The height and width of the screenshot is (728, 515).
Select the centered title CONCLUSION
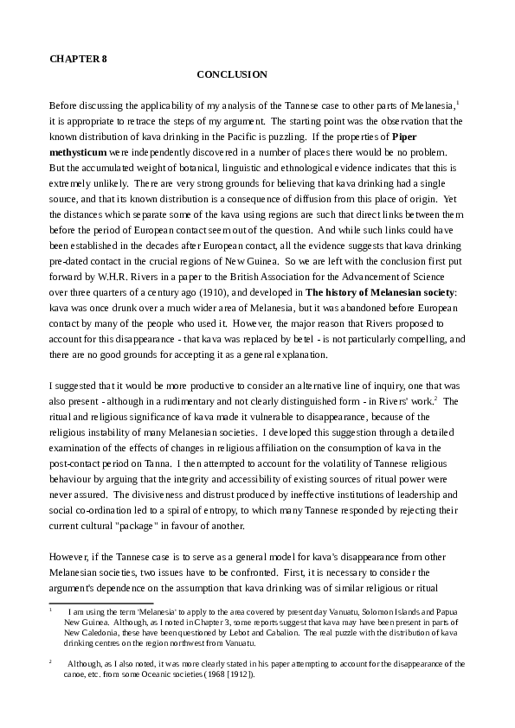232,75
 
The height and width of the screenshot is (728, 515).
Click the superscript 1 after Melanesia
457,102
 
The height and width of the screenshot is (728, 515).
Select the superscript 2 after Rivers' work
436,398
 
